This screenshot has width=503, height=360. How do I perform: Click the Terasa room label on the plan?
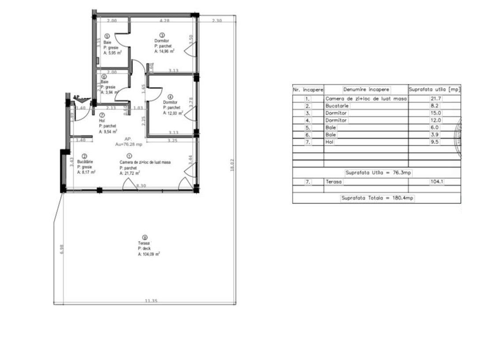coord(144,244)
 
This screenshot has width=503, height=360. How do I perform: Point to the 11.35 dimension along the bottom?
coord(152,301)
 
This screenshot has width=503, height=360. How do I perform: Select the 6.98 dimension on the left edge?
coord(62,249)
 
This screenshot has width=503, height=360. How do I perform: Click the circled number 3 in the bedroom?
coord(162,35)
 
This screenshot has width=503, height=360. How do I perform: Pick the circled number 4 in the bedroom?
coord(170,97)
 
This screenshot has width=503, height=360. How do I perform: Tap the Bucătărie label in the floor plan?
coord(85,162)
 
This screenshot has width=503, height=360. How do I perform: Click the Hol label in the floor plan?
coord(102,120)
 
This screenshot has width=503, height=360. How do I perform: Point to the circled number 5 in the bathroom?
coord(107,36)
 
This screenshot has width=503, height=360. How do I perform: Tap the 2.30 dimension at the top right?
coord(216,21)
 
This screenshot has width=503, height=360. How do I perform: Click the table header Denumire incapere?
coord(366,90)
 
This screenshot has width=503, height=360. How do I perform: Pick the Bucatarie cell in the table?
coord(337,106)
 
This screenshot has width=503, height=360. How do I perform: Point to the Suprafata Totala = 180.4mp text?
coord(377,198)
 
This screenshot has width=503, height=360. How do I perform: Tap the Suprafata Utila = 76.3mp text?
coord(378,172)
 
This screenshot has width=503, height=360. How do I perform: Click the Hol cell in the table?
coord(329,142)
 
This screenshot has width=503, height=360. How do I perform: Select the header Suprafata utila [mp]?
coord(434,90)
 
